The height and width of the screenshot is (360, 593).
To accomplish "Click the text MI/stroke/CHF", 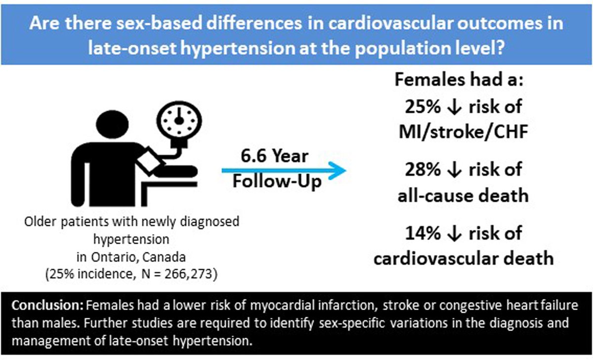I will (x=464, y=131).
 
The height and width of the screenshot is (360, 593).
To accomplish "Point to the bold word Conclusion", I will (x=40, y=303).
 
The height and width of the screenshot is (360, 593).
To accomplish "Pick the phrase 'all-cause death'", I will (x=463, y=195).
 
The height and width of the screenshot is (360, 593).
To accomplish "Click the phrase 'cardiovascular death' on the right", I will (x=463, y=259).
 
